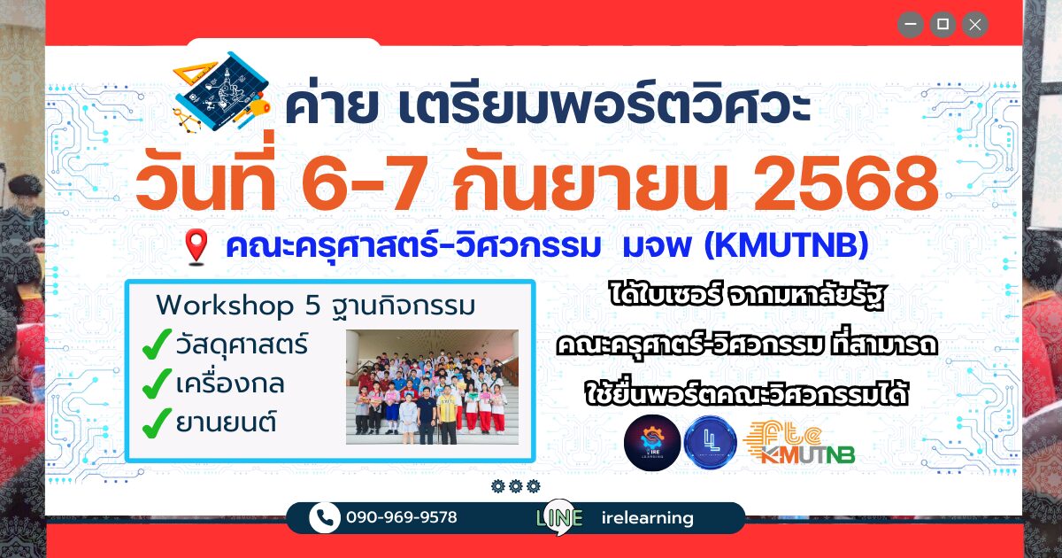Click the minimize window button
(911, 24)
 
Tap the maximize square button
(943, 24)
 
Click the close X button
(974, 24)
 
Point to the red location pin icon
(196, 246)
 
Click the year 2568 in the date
(845, 184)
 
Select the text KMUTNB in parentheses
(787, 245)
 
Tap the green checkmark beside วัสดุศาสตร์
(157, 344)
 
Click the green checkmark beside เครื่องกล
(157, 384)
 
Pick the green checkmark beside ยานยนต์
(157, 422)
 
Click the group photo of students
(432, 387)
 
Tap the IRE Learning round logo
(652, 443)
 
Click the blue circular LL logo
(710, 443)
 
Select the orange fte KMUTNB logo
(799, 443)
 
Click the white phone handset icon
(324, 517)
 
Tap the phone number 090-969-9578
(402, 517)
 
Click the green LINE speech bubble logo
(559, 517)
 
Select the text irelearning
(647, 517)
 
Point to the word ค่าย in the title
(331, 105)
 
